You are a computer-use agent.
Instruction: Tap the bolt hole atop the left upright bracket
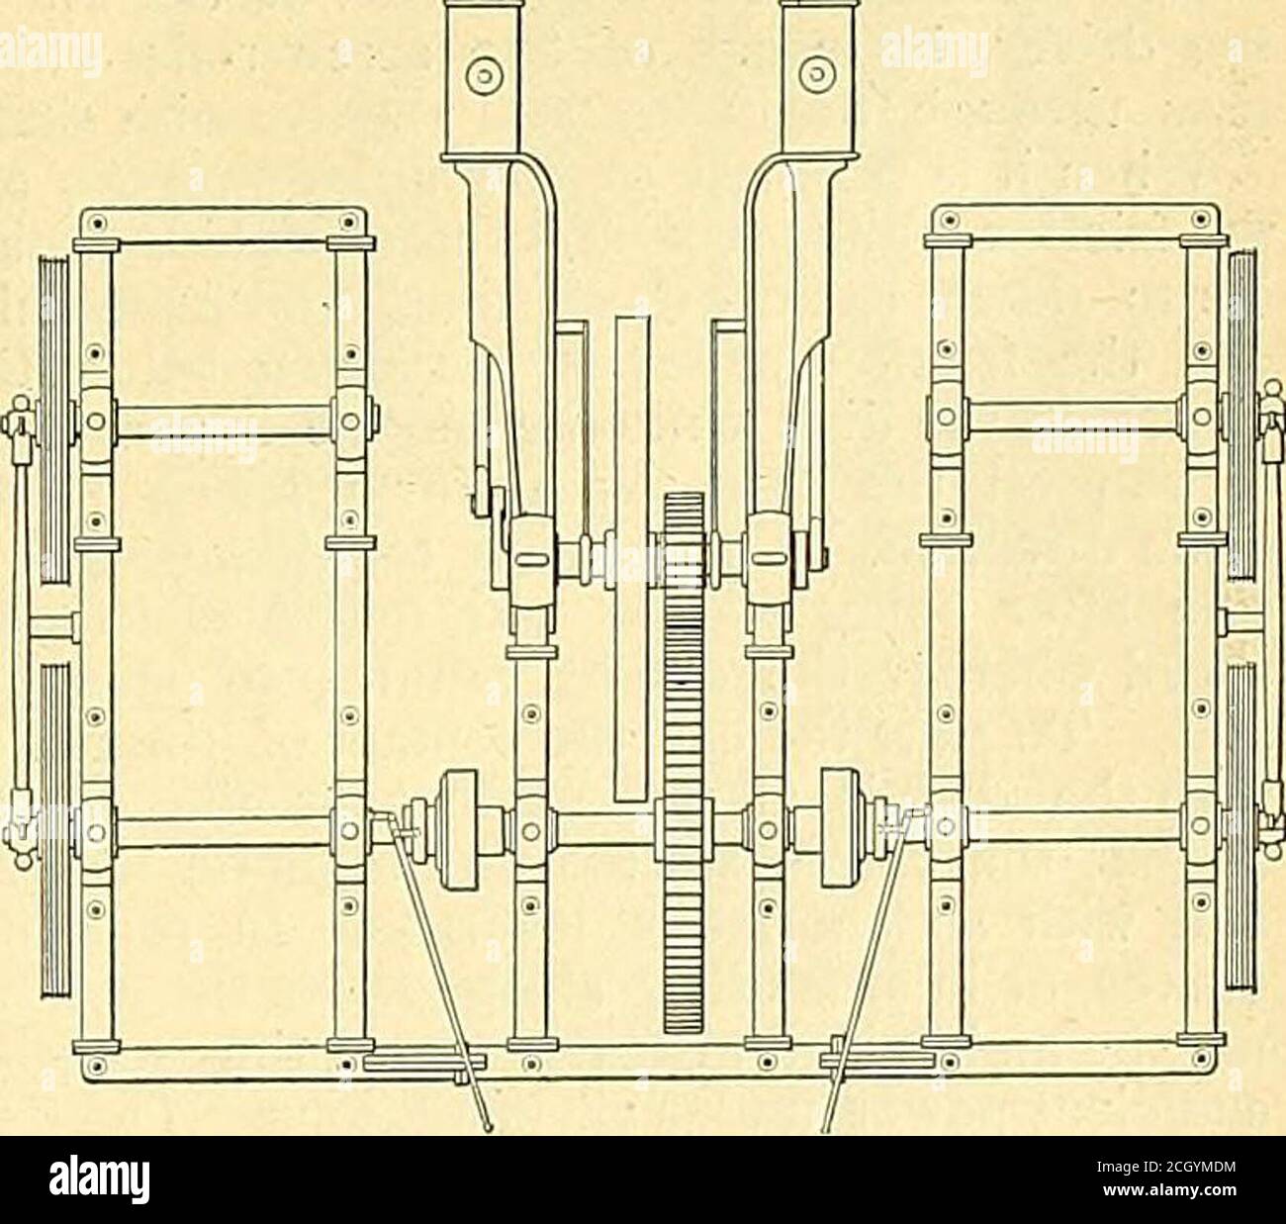(485, 70)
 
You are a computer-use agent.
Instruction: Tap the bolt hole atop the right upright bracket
(816, 70)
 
